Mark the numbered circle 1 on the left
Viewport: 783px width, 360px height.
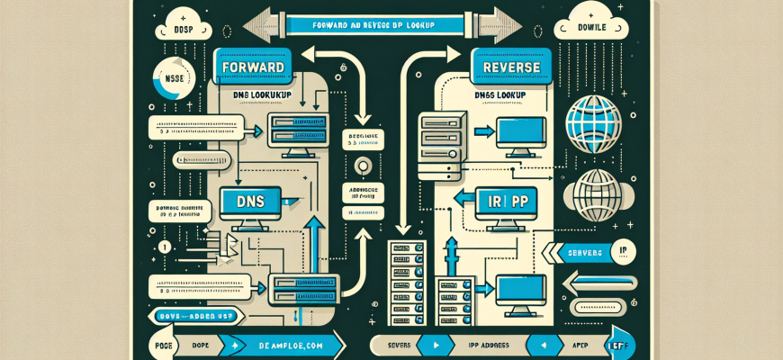click(165, 247)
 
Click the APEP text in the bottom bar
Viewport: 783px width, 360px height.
click(573, 345)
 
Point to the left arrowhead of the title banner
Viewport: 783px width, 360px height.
click(256, 21)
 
